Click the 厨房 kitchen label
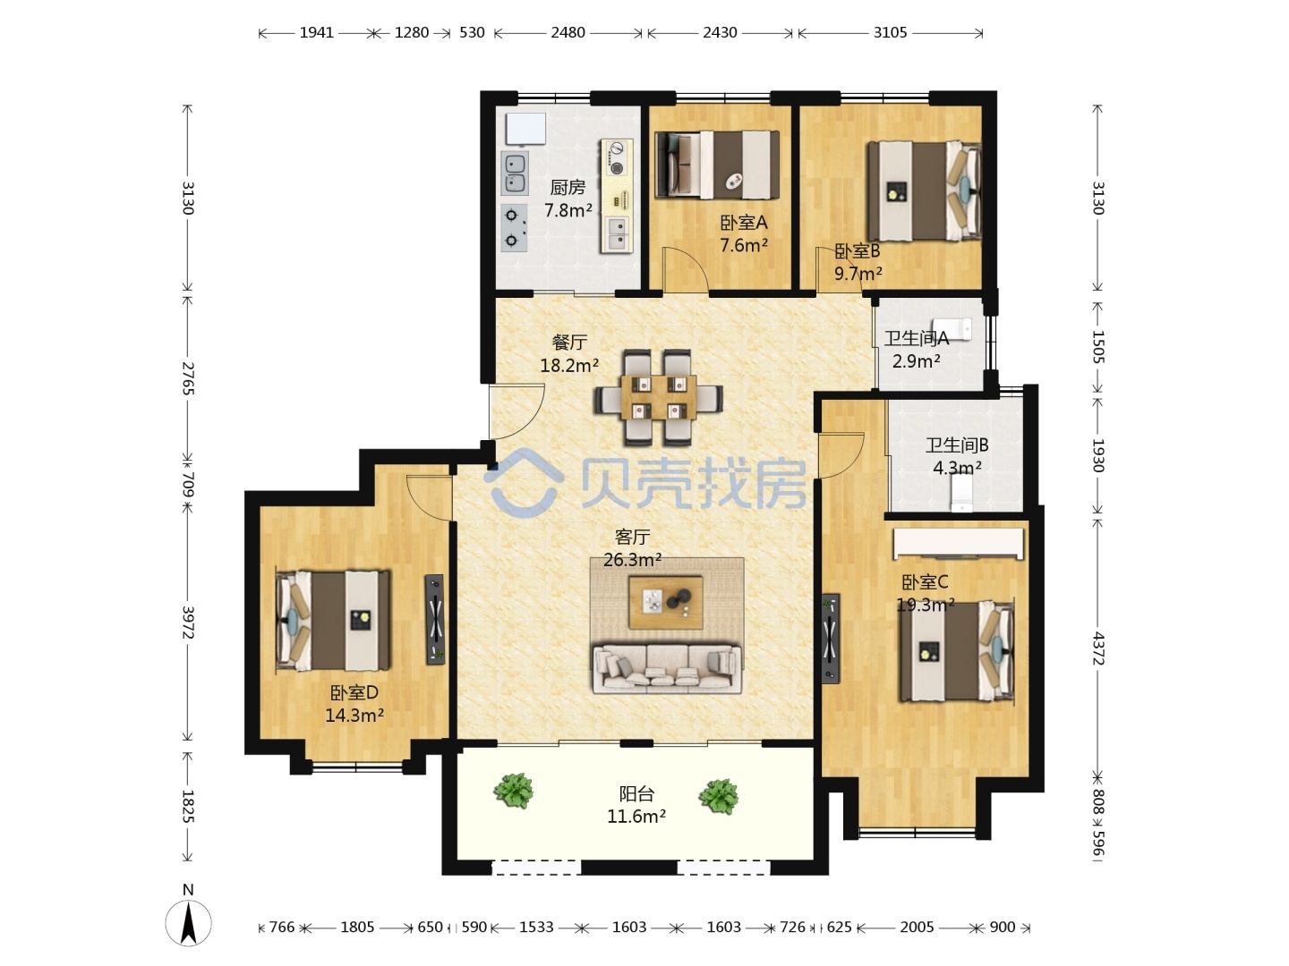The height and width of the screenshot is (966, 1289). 568,188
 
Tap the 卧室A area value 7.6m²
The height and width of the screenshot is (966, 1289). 744,245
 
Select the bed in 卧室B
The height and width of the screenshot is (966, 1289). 925,191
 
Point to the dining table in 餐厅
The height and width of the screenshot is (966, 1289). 658,397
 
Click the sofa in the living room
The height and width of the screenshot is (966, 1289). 667,669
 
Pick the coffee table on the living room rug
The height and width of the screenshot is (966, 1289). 665,602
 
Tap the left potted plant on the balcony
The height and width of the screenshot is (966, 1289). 514,790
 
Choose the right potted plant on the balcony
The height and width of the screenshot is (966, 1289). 719,796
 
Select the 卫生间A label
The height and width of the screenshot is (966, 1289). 916,338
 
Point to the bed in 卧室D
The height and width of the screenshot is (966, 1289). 333,621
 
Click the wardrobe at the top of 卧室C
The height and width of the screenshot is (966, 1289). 959,543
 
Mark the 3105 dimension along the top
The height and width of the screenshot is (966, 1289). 891,33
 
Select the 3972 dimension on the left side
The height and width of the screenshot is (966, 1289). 188,623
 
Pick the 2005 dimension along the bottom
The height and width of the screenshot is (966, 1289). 917,927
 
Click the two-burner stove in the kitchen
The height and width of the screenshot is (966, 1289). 514,227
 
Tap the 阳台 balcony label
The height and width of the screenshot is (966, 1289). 636,794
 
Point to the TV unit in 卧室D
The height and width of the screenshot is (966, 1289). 435,619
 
